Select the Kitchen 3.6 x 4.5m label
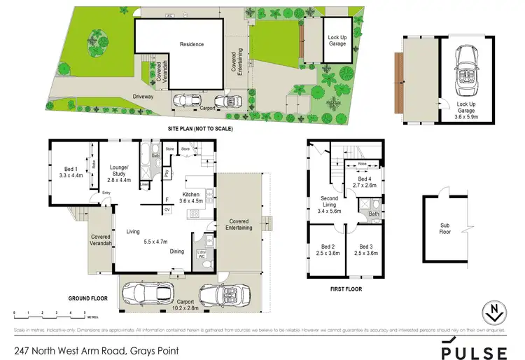click(x=192, y=197)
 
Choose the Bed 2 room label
click(x=328, y=250)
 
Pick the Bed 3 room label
click(x=365, y=250)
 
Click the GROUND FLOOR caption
click(x=87, y=298)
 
